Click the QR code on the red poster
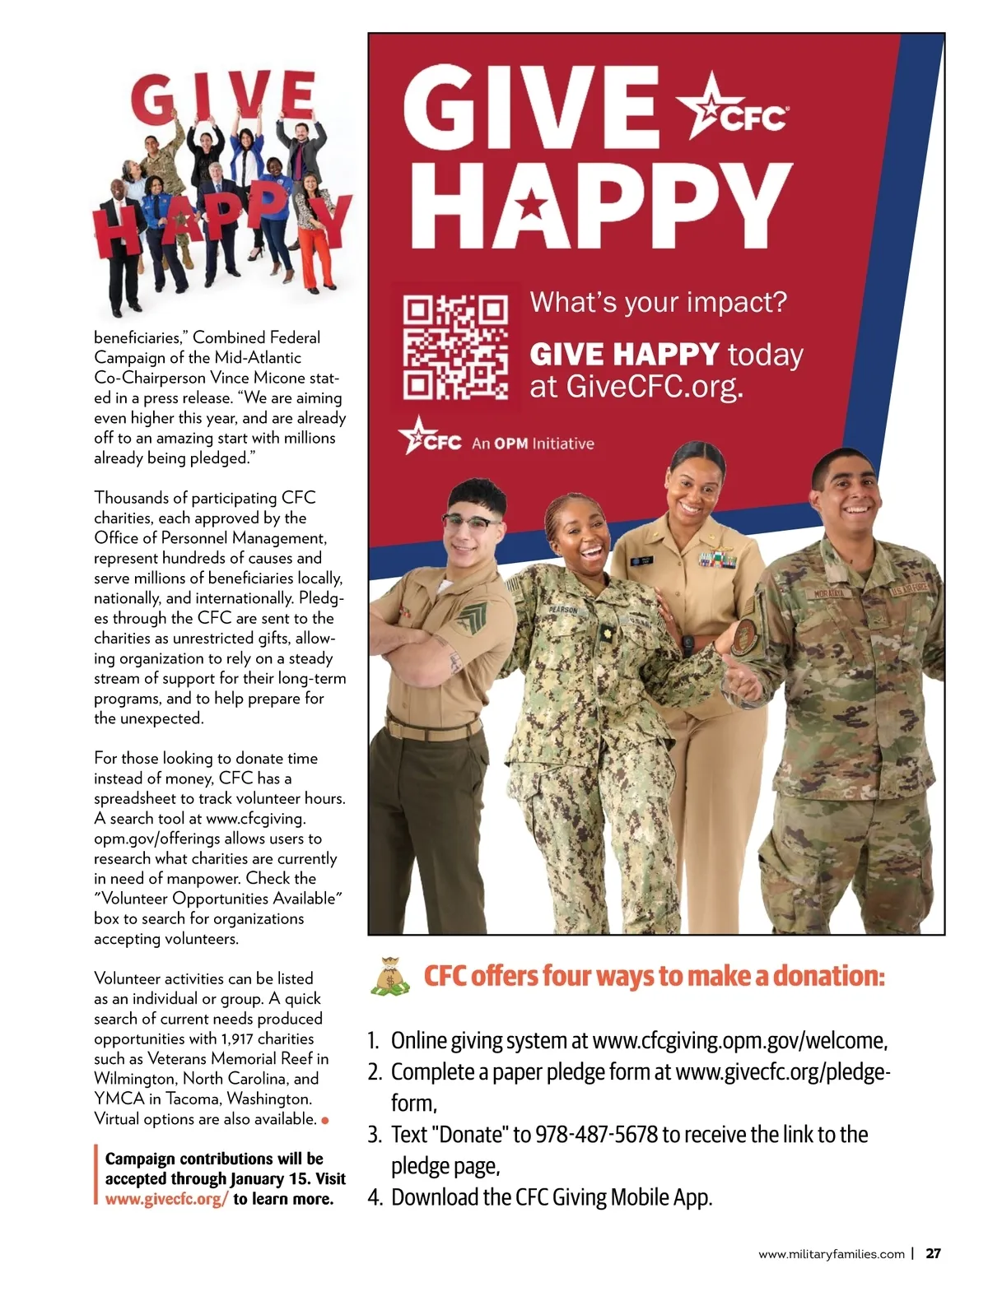[455, 347]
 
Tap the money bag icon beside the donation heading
[389, 977]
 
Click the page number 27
[933, 1254]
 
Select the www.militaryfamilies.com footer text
[831, 1255]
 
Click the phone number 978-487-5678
[596, 1135]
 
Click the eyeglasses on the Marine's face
[470, 523]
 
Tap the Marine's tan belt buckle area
[432, 727]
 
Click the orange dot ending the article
[325, 1120]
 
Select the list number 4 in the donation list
[375, 1198]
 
